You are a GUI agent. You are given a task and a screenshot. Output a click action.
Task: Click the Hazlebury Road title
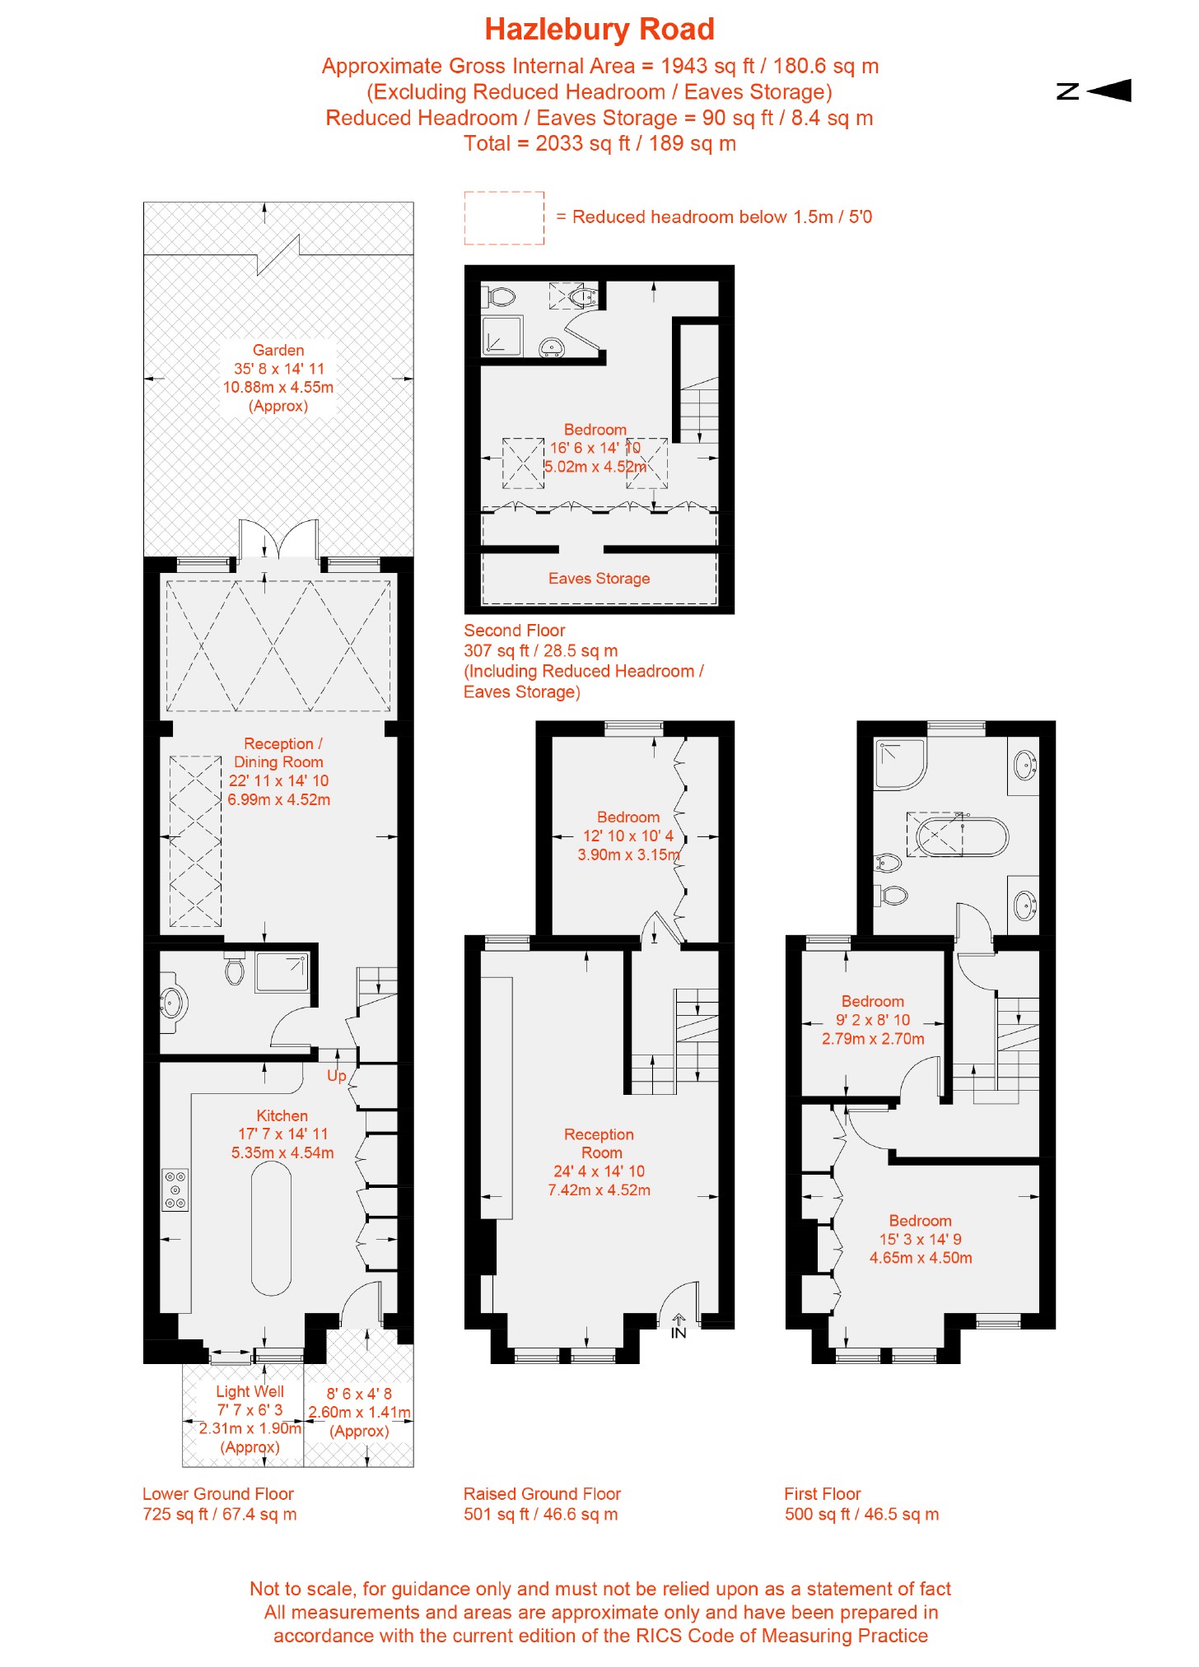tap(599, 30)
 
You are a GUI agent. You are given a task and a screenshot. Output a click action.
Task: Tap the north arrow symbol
tap(1095, 91)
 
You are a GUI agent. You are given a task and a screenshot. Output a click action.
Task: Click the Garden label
tap(278, 351)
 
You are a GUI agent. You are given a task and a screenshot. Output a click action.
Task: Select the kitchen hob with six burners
tap(175, 1190)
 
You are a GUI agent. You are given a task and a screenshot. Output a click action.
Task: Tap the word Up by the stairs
tap(336, 1076)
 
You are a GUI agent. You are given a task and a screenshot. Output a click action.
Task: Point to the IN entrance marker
tap(679, 1331)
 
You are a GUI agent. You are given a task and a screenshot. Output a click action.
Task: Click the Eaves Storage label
tap(599, 579)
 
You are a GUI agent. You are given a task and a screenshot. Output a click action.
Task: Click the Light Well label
tap(250, 1392)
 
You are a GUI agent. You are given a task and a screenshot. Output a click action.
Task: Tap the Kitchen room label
tap(282, 1116)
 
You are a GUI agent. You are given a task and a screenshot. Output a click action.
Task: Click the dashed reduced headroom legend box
tap(504, 218)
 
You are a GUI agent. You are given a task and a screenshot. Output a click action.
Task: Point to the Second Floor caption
tap(514, 631)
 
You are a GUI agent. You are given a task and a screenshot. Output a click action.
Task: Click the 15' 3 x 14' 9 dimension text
tap(920, 1240)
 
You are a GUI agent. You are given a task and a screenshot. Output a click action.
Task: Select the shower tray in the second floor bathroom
tap(502, 336)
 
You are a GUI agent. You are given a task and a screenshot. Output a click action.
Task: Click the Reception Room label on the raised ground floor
tap(599, 1143)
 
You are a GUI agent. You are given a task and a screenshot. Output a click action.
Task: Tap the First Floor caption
tap(822, 1494)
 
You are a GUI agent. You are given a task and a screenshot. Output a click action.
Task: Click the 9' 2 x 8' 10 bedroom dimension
tap(873, 1021)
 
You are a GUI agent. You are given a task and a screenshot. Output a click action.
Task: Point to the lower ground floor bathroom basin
tap(172, 1003)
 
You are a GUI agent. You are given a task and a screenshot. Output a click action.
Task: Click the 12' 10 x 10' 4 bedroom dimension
tap(627, 836)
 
